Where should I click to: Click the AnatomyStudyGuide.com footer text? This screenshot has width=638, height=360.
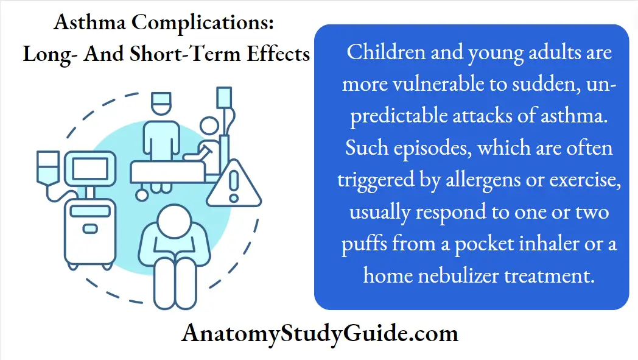tap(320, 334)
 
